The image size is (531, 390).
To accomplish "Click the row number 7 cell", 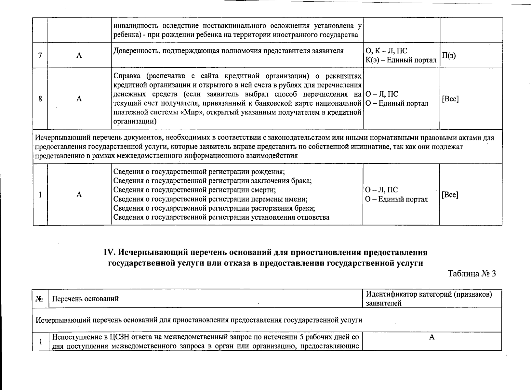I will (x=40, y=55).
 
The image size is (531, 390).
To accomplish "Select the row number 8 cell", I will (x=40, y=98).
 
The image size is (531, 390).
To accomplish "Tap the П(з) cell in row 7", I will (x=449, y=56).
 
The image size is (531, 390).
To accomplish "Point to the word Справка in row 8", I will (x=127, y=76).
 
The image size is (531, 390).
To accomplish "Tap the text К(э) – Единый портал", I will (x=401, y=60).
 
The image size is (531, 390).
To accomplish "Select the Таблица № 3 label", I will (x=472, y=273).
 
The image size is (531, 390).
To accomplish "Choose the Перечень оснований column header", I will (x=86, y=298).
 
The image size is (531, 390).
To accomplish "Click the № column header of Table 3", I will (x=40, y=298).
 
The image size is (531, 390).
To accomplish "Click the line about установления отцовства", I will (x=221, y=217).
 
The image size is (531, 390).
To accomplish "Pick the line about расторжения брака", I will (x=214, y=208).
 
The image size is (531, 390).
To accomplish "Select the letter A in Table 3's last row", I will (x=432, y=337).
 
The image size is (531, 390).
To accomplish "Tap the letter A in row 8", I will (x=79, y=98).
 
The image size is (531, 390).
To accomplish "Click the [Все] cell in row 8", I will (x=450, y=99).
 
